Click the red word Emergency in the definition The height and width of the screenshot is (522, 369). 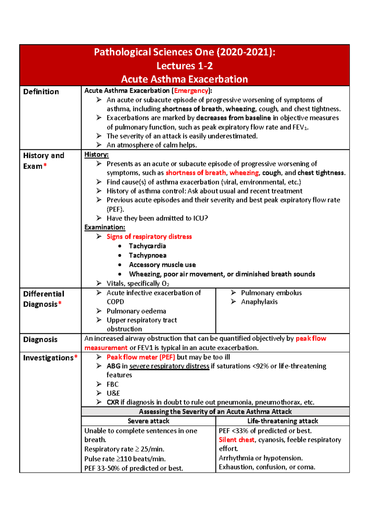click(191, 91)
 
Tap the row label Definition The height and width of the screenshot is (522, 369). click(41, 92)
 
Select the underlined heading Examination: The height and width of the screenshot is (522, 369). click(105, 227)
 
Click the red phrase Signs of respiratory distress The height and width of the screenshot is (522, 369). click(149, 237)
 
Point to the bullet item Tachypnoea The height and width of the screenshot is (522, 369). click(148, 255)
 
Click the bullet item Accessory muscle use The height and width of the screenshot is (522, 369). click(162, 265)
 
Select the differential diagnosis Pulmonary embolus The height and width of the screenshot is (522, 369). click(271, 293)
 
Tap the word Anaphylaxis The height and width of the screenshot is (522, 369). click(259, 302)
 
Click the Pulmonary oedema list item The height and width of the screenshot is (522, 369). click(136, 311)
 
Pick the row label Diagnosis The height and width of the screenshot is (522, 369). click(40, 340)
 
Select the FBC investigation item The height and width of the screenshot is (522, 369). click(113, 384)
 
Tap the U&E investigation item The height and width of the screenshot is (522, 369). click(113, 393)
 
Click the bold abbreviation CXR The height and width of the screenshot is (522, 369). click(113, 402)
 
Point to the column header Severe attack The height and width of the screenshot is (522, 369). click(149, 421)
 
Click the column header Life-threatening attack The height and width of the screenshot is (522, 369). click(283, 421)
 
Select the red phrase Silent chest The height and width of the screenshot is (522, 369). click(236, 440)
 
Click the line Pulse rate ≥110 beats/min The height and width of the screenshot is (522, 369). click(125, 459)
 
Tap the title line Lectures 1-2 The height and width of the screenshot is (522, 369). click(184, 66)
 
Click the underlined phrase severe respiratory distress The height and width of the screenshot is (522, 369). click(169, 366)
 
